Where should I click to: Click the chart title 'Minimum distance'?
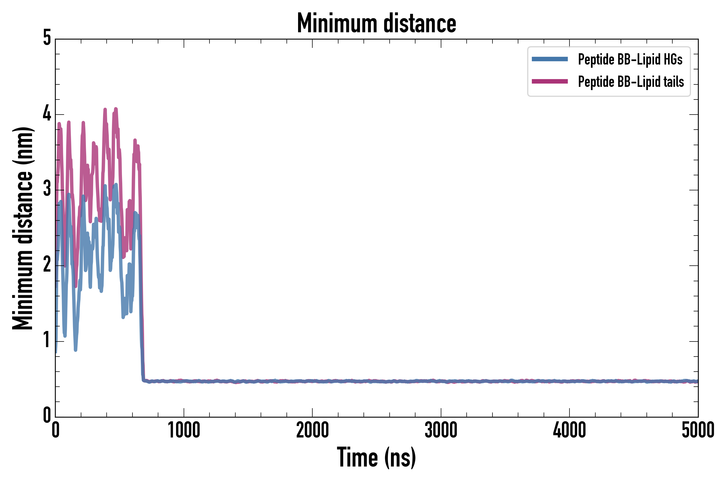point(376,23)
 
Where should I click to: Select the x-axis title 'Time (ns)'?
point(376,457)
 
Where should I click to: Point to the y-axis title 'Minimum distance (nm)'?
point(23,228)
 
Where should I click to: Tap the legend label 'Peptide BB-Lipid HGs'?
point(630,59)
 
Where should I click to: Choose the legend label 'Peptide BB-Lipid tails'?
point(631,82)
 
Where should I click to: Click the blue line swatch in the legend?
point(550,59)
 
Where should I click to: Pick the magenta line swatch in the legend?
point(550,81)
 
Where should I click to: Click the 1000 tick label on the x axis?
point(184,430)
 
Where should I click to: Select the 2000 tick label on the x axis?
point(312,430)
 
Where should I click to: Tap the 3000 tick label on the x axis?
point(441,430)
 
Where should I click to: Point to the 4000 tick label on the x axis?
point(569,430)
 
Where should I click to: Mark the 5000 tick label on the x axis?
point(698,430)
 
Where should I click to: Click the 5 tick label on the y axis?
point(47,38)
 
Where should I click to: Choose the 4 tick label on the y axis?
point(47,113)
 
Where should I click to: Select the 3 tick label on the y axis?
point(47,189)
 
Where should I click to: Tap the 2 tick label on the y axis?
point(47,265)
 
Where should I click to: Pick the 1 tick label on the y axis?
point(47,340)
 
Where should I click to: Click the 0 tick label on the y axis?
point(47,415)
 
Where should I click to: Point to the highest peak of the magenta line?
point(116,109)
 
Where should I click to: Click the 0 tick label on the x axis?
point(56,430)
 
